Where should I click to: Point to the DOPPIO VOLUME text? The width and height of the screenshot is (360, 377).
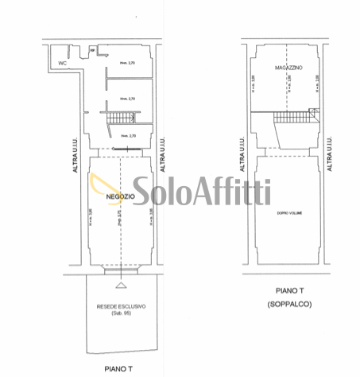tap(289, 214)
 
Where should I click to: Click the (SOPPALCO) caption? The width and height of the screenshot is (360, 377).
tap(289, 305)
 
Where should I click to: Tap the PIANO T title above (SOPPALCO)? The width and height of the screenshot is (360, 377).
tap(289, 292)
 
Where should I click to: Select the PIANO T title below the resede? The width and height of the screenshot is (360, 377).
tap(119, 368)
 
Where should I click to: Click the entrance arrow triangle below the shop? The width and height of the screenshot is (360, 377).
tap(119, 284)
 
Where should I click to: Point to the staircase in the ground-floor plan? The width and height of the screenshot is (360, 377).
tap(121, 119)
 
